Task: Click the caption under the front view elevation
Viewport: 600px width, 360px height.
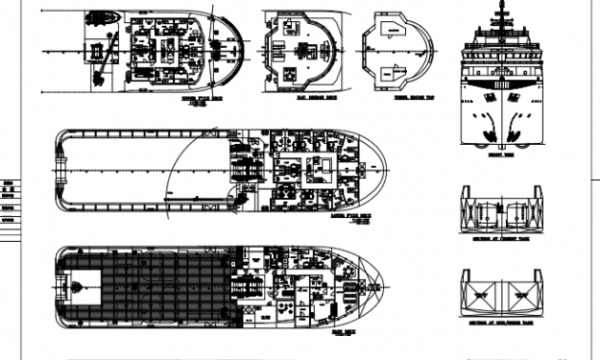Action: [x=496, y=153]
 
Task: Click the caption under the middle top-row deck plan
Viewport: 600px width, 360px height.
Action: [x=301, y=97]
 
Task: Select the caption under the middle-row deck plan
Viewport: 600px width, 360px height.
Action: [x=350, y=218]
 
